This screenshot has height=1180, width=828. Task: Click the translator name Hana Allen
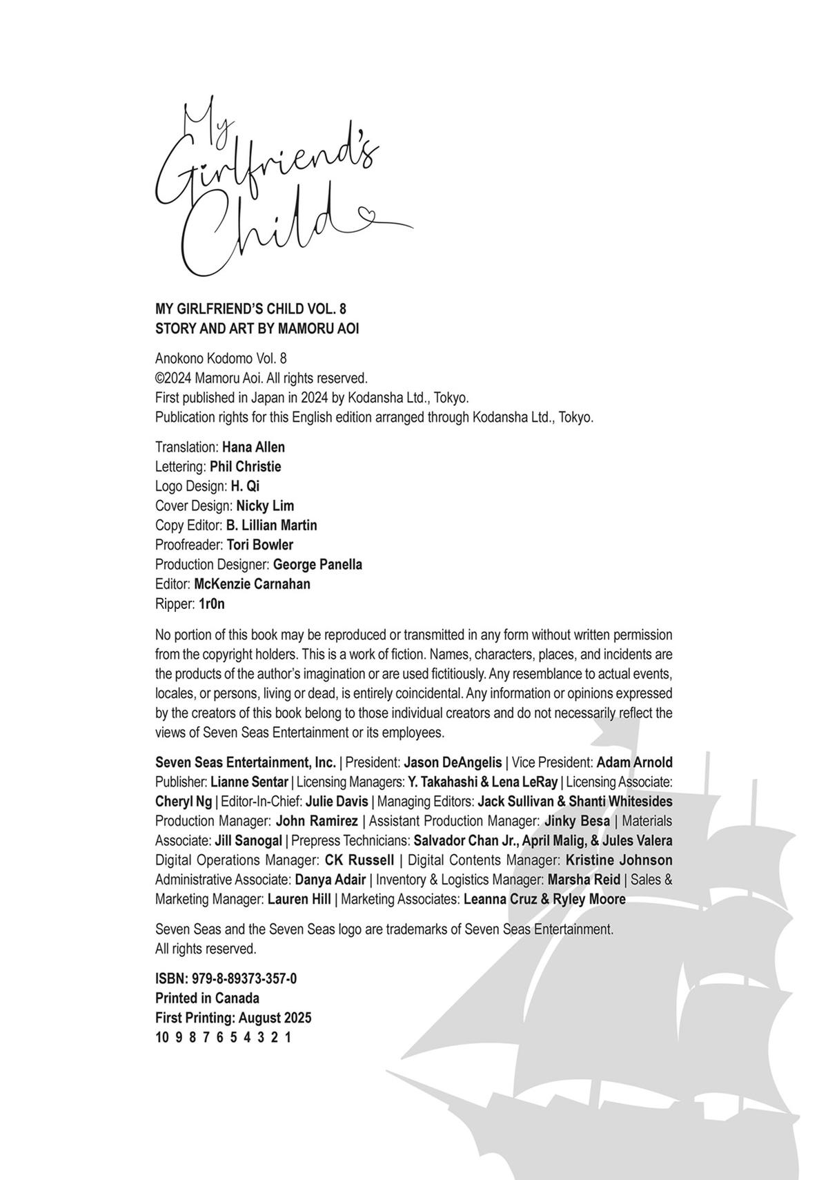click(x=253, y=447)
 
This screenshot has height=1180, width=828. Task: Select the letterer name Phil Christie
click(x=245, y=466)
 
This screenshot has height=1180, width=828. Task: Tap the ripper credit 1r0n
click(x=212, y=603)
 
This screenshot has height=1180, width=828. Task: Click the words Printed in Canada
click(x=207, y=998)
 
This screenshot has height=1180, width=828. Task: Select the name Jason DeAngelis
click(x=453, y=762)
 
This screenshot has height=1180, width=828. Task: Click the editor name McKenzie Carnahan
click(x=252, y=583)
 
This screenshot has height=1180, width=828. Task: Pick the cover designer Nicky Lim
click(x=265, y=505)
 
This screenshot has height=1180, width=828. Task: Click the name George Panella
click(x=317, y=564)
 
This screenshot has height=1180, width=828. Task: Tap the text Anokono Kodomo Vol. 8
click(x=221, y=358)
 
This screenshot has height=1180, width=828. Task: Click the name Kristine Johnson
click(x=618, y=860)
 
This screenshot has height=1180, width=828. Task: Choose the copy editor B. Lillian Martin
click(x=271, y=525)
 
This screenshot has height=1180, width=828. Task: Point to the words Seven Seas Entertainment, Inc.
click(x=246, y=762)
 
